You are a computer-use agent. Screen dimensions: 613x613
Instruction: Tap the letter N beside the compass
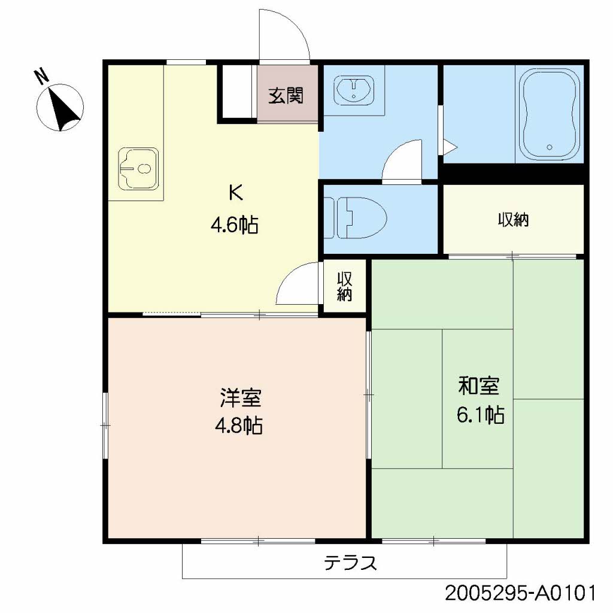(x=41, y=77)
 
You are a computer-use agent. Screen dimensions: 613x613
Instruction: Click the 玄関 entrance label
(x=286, y=95)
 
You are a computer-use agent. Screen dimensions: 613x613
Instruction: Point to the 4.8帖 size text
(x=238, y=426)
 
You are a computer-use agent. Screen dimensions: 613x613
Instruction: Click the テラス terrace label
(x=350, y=563)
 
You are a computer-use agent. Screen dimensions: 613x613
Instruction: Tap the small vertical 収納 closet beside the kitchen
(x=344, y=286)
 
